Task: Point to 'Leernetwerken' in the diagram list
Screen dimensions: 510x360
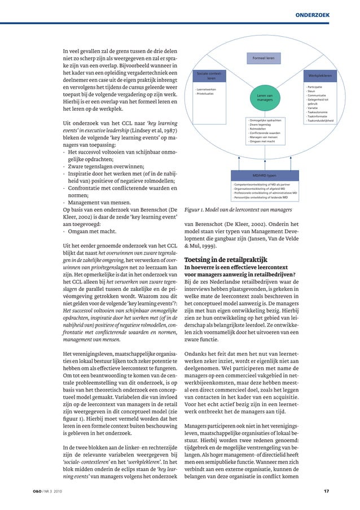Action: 205,89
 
